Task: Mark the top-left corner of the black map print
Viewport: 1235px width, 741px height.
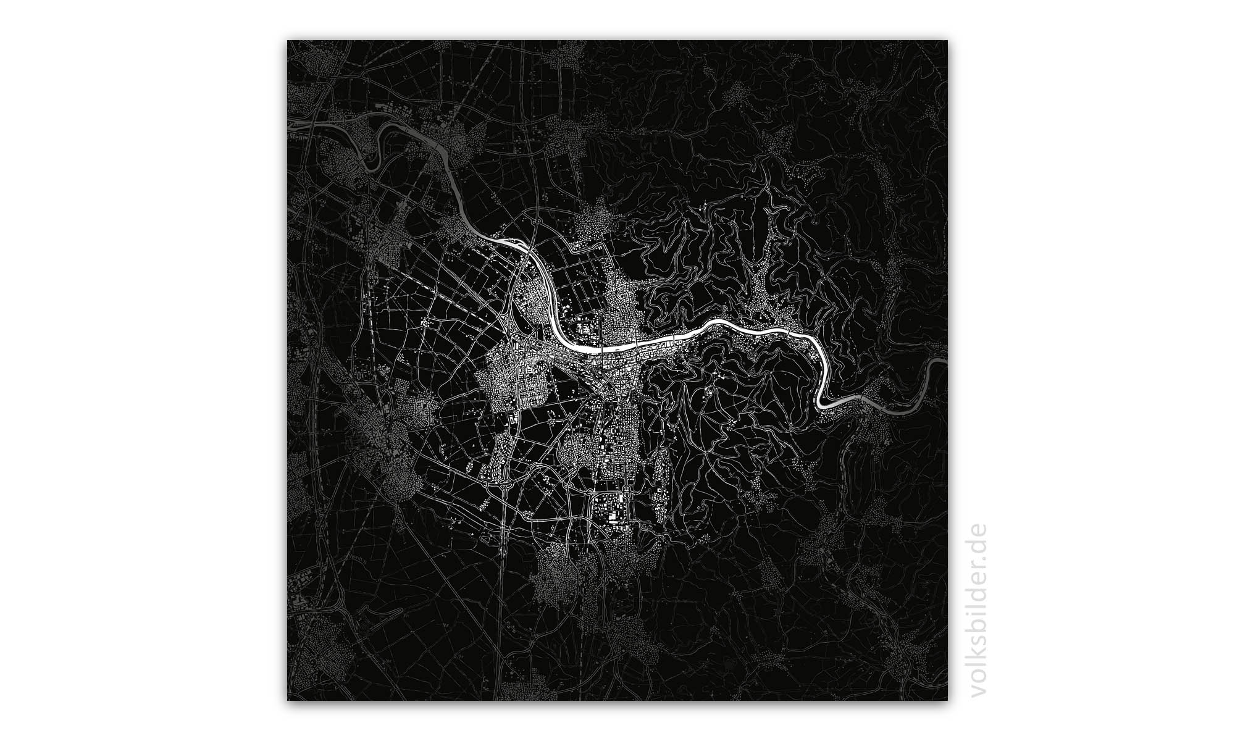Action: pyautogui.click(x=288, y=41)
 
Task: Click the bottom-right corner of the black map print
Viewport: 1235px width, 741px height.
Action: pyautogui.click(x=947, y=700)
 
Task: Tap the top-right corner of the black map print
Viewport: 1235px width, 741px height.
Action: pyautogui.click(x=947, y=41)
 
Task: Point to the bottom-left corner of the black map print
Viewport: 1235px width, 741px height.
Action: pyautogui.click(x=288, y=700)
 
